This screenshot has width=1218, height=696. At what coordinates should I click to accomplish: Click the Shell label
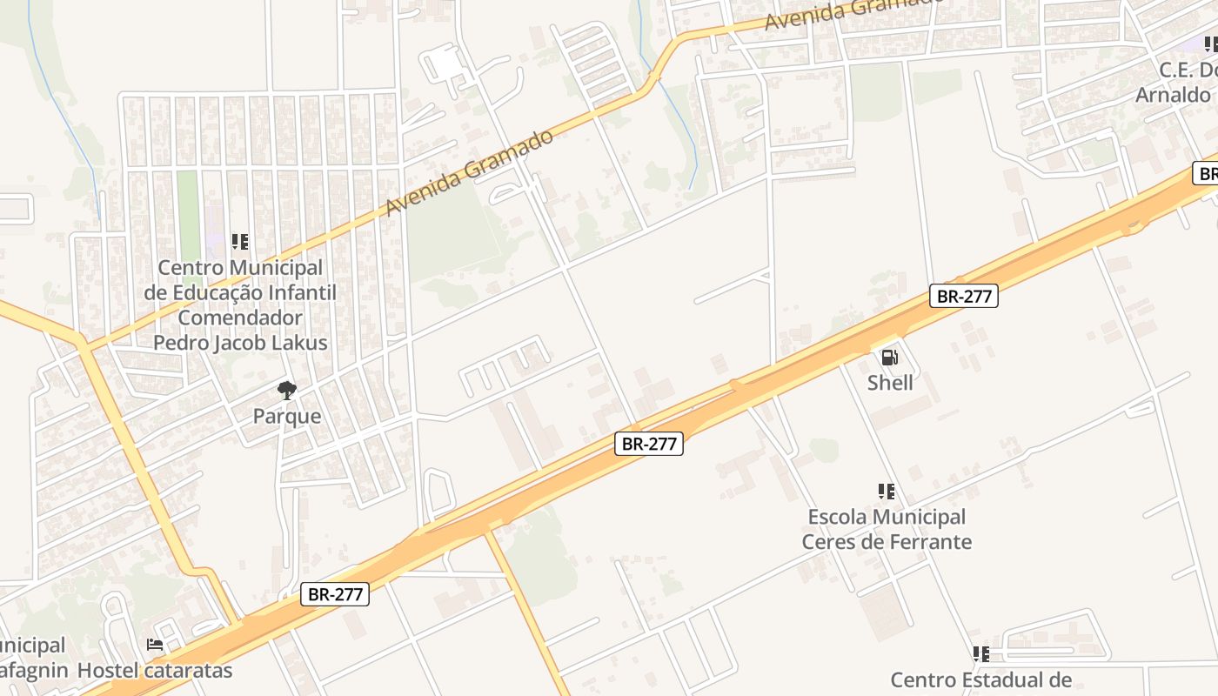pyautogui.click(x=890, y=383)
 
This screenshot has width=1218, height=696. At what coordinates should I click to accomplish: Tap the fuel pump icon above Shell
pyautogui.click(x=889, y=357)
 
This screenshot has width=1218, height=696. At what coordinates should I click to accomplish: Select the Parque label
pyautogui.click(x=287, y=416)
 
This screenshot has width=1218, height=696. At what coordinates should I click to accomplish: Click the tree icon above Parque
pyautogui.click(x=286, y=391)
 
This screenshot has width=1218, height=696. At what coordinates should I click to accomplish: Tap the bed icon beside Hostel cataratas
pyautogui.click(x=155, y=645)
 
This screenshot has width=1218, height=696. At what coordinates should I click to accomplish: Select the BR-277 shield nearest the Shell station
pyautogui.click(x=963, y=296)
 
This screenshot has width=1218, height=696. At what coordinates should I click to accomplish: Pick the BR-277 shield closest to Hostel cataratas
pyautogui.click(x=335, y=594)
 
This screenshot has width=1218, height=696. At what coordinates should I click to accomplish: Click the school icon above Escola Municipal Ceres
pyautogui.click(x=886, y=492)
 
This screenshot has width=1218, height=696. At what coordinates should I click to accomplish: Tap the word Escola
pyautogui.click(x=837, y=517)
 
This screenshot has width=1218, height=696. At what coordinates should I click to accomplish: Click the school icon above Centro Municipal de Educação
pyautogui.click(x=240, y=241)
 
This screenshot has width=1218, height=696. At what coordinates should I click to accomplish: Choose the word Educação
pyautogui.click(x=217, y=292)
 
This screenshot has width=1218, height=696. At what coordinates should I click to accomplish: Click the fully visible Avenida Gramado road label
pyautogui.click(x=470, y=172)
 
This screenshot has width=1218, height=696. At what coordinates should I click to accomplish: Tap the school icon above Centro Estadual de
pyautogui.click(x=980, y=653)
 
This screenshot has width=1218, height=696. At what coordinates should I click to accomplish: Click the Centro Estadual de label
pyautogui.click(x=980, y=679)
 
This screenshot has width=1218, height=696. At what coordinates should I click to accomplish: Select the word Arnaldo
pyautogui.click(x=1173, y=95)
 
